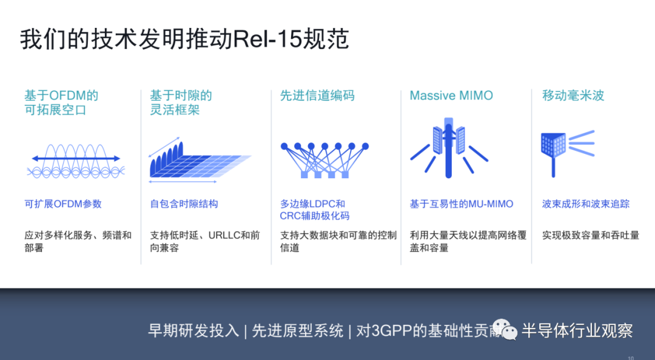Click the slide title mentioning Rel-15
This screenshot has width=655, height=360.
coord(184,39)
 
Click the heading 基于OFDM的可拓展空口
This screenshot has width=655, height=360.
coord(61,103)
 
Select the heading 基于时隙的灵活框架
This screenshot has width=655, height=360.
coord(181,103)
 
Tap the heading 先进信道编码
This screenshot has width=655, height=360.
coord(317,96)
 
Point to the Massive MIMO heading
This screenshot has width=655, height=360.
coord(451,96)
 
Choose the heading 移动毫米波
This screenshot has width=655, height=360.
coord(573,96)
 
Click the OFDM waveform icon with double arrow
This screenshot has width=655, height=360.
coord(76,161)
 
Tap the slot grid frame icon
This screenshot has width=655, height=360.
coord(200,161)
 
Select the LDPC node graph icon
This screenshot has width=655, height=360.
coord(324,160)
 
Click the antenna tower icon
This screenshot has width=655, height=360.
coord(449,148)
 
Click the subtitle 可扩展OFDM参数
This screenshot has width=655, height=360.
coord(63,204)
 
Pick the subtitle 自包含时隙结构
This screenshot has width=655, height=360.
coord(184,204)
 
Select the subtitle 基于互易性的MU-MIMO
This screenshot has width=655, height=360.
coord(461,204)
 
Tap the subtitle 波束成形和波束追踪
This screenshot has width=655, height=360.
coord(586,204)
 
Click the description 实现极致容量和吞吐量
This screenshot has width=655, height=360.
coord(591,235)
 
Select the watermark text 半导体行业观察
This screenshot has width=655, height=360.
coord(577,331)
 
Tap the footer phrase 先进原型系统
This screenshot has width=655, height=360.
coord(297,331)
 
